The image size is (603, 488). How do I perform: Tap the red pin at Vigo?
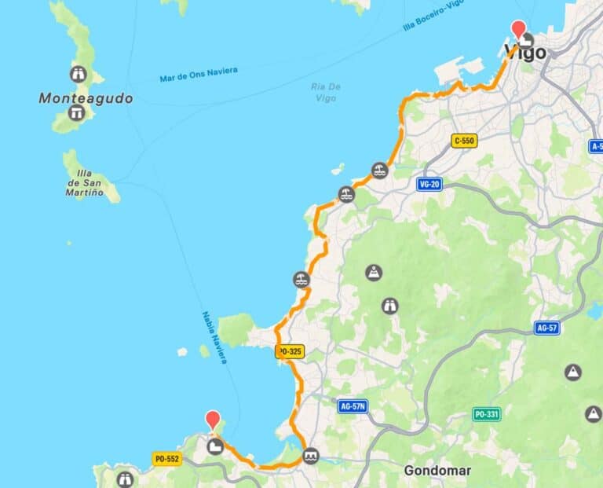tap(518, 28)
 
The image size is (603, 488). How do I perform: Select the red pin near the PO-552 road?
tap(212, 419)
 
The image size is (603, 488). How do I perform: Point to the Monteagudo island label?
tap(86, 99)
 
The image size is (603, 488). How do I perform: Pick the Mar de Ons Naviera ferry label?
tap(198, 75)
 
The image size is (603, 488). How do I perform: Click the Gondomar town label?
tap(437, 471)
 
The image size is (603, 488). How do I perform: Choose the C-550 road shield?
tap(465, 141)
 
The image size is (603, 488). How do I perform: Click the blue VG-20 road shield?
tap(429, 183)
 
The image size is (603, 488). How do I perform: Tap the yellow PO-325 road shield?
tap(290, 353)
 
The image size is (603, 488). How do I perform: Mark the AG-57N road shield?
tap(353, 406)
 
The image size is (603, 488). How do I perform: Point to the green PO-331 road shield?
tap(487, 414)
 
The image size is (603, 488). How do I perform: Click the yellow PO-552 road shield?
tap(167, 459)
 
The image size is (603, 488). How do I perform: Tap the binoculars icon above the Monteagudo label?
tap(78, 75)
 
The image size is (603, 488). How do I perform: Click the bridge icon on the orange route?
tap(312, 455)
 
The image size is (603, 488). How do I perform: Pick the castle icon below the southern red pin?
tap(214, 446)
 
